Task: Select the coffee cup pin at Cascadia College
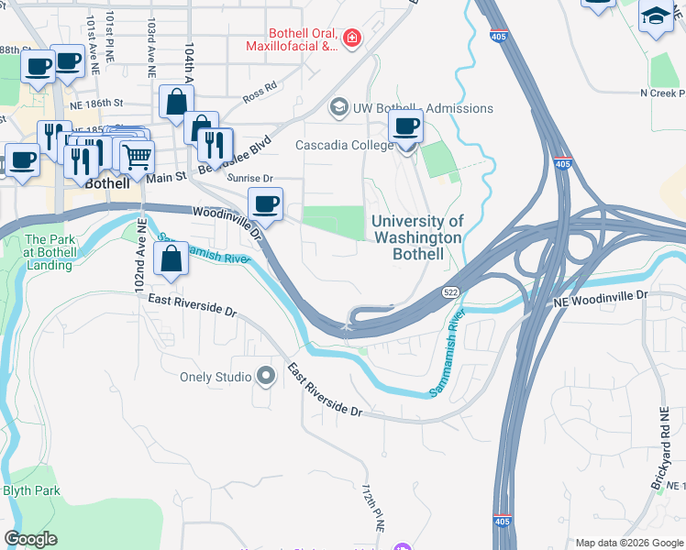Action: [x=405, y=127]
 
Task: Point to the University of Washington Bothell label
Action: [x=416, y=237]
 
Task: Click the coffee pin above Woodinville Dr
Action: [x=265, y=203]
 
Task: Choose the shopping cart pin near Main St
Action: [x=137, y=156]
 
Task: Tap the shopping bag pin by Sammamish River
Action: [x=171, y=259]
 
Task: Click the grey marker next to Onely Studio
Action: [x=266, y=377]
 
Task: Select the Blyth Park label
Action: [x=31, y=490]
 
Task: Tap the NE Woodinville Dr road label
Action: [x=601, y=299]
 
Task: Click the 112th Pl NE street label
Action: [x=371, y=509]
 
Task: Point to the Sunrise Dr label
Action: [x=250, y=180]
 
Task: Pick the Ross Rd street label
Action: [x=260, y=92]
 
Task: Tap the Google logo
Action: [x=31, y=539]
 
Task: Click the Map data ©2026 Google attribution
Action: [x=627, y=543]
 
